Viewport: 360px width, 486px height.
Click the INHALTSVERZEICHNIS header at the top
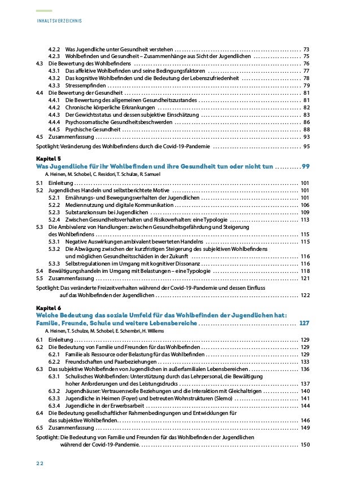pos(59,21)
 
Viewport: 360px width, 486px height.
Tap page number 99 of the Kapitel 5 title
pos(305,167)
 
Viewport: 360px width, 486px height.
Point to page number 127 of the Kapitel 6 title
pos(304,323)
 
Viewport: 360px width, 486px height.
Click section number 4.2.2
pos(55,49)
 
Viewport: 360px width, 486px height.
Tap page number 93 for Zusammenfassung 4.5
pos(306,136)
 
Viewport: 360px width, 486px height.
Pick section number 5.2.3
pos(55,213)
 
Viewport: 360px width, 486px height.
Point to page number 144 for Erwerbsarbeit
pos(305,405)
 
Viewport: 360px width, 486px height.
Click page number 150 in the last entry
pos(305,444)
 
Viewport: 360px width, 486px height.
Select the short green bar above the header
pos(43,11)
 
